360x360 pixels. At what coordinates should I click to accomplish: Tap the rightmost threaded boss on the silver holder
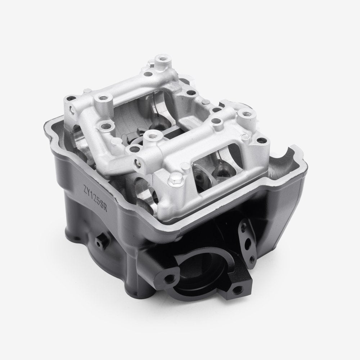click(x=246, y=114)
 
